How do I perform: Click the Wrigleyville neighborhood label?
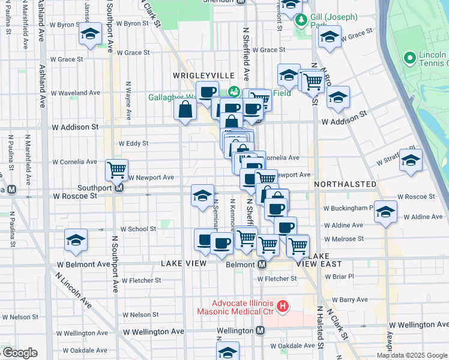point(203,75)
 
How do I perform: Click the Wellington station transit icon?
point(261,331)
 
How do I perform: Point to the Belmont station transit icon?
point(262,264)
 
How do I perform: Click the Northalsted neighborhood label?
point(345,184)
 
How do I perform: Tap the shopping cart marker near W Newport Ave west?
point(116,169)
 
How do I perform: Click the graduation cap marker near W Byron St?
point(90,34)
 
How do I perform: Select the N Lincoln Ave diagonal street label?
point(73,292)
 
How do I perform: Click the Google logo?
point(20,353)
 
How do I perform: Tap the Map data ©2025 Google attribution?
point(412,355)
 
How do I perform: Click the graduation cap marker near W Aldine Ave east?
point(385,211)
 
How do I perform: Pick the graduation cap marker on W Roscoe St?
point(203,195)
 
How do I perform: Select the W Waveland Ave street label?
point(75,93)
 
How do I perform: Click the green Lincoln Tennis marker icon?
point(410,58)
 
